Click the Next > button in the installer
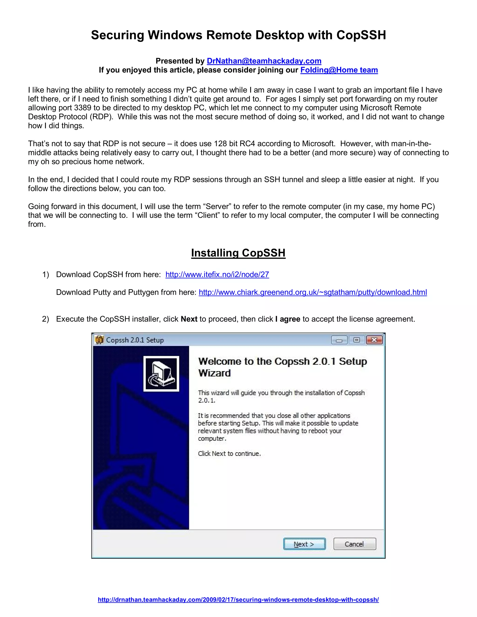pyautogui.click(x=304, y=544)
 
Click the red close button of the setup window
pyautogui.click(x=374, y=340)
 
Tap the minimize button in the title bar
pyautogui.click(x=339, y=340)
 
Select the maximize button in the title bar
pyautogui.click(x=357, y=340)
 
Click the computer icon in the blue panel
pyautogui.click(x=161, y=373)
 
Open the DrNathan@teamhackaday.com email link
pyautogui.click(x=264, y=61)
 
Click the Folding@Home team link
pyautogui.click(x=339, y=70)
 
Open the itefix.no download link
pyautogui.click(x=217, y=275)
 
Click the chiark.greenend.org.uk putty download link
pyautogui.click(x=313, y=292)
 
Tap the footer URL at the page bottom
pyautogui.click(x=238, y=600)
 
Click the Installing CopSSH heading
pyautogui.click(x=238, y=253)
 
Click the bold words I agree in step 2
pyautogui.click(x=288, y=319)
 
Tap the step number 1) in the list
pyautogui.click(x=45, y=275)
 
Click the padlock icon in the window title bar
pyautogui.click(x=99, y=340)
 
